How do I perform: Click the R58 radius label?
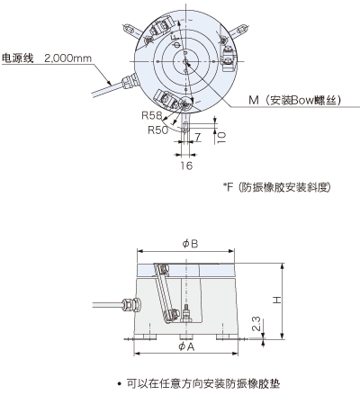[x=151, y=115]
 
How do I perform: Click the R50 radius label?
[x=158, y=130]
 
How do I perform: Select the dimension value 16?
[x=186, y=166]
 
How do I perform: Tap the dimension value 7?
[x=197, y=138]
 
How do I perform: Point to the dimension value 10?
[x=221, y=138]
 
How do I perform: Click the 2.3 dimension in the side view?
[x=256, y=324]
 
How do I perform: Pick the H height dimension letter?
[x=277, y=300]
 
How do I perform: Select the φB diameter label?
[x=190, y=244]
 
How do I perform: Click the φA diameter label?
[x=186, y=346]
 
